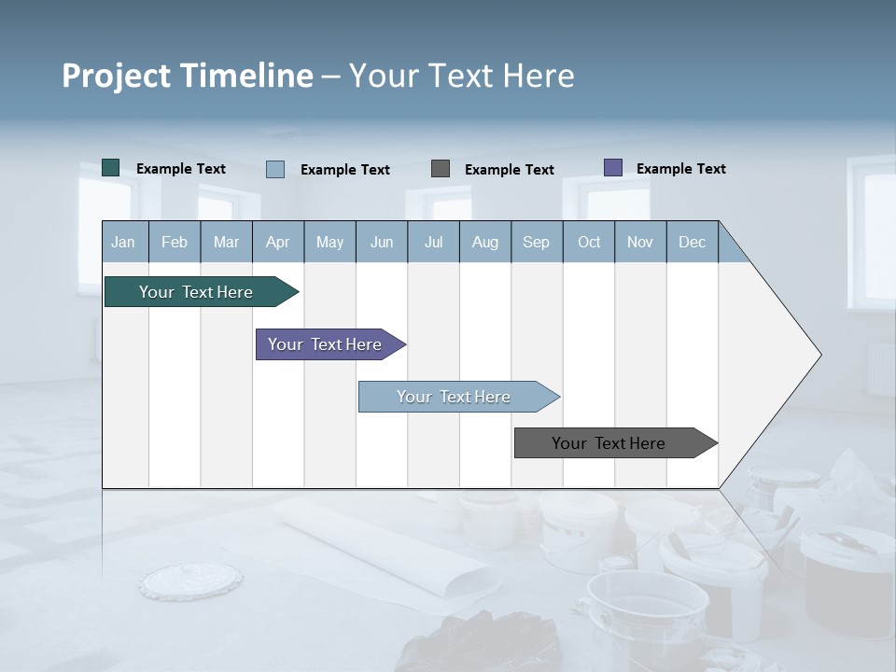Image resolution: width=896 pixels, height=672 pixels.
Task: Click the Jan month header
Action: point(124,242)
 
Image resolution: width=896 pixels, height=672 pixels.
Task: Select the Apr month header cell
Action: point(278,242)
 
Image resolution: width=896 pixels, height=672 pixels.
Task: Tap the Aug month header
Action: point(485,242)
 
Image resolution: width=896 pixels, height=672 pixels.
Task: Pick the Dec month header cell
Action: point(693,242)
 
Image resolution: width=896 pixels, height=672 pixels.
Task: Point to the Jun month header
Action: point(382,242)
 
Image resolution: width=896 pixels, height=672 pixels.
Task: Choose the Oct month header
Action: point(589,242)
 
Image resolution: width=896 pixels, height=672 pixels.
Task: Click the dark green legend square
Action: point(110,168)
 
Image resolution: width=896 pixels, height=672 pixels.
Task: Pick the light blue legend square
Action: point(275,169)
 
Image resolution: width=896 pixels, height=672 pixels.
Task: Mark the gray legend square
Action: point(441,169)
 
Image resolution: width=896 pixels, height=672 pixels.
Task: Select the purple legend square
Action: point(613,168)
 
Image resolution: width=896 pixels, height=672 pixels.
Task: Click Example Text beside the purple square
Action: point(680,169)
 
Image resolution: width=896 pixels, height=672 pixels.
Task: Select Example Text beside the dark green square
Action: point(180,169)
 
